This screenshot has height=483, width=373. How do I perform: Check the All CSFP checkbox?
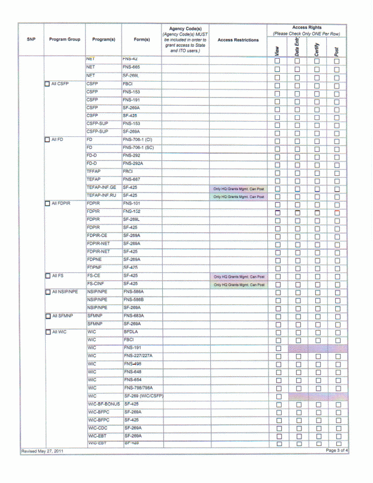tap(47, 84)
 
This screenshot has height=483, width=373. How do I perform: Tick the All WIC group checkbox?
tap(47, 332)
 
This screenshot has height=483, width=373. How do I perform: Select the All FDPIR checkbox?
tap(47, 203)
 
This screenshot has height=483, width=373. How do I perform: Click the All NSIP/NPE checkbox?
tap(47, 292)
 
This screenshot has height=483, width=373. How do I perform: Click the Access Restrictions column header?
tap(238, 40)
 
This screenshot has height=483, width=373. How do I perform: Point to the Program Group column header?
tap(65, 40)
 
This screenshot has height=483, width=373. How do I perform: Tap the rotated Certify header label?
tap(317, 49)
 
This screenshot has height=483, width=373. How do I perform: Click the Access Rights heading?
tap(306, 28)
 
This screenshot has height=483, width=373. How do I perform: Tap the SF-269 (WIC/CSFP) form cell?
tap(143, 396)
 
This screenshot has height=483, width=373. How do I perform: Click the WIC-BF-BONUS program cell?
tap(104, 404)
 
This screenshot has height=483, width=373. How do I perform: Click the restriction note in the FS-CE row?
tap(238, 277)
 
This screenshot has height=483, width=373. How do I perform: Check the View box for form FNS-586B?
tap(278, 301)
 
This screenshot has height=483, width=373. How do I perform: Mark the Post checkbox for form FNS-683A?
tap(338, 316)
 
